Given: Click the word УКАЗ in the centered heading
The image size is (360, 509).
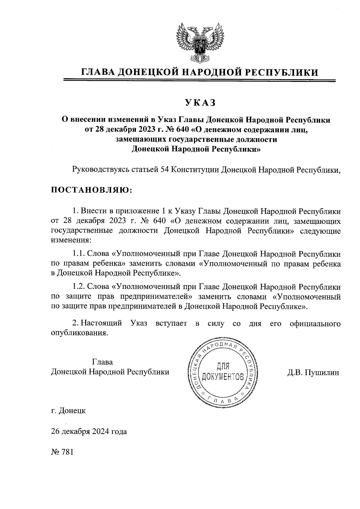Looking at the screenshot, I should pyautogui.click(x=200, y=103).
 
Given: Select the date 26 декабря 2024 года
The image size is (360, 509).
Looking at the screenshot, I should pyautogui.click(x=89, y=432).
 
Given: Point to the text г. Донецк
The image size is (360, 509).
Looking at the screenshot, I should pyautogui.click(x=68, y=410).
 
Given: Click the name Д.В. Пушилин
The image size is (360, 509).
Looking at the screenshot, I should pyautogui.click(x=313, y=373).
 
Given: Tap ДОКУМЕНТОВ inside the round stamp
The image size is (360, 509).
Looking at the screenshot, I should pyautogui.click(x=223, y=376).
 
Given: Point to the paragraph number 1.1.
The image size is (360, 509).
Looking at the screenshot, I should pyautogui.click(x=79, y=254).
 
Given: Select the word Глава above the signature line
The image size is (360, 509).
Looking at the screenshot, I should pyautogui.click(x=103, y=362).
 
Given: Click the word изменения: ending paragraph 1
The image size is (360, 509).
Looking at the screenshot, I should pyautogui.click(x=70, y=240).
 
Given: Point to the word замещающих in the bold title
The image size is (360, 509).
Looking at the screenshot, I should pyautogui.click(x=141, y=139).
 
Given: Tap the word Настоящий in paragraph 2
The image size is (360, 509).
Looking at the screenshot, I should pyautogui.click(x=102, y=323).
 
